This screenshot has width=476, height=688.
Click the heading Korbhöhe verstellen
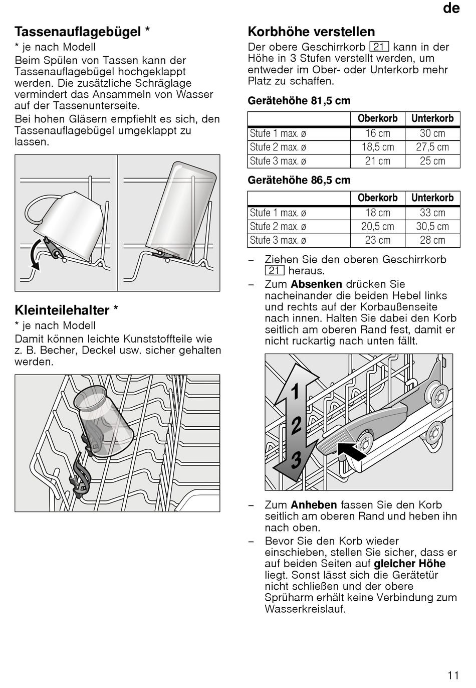pyautogui.click(x=311, y=32)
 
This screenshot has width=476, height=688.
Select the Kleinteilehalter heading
pyautogui.click(x=66, y=310)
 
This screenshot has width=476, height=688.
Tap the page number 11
pyautogui.click(x=453, y=675)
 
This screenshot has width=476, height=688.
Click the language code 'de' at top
pyautogui.click(x=451, y=9)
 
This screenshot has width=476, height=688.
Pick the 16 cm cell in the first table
pyautogui.click(x=377, y=133)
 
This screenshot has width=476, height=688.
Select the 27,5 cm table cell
pyautogui.click(x=432, y=147)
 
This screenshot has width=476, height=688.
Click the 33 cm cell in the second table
pyautogui.click(x=432, y=213)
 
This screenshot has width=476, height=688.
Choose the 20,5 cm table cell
pyautogui.click(x=377, y=227)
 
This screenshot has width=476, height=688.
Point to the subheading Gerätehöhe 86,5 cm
pyautogui.click(x=299, y=181)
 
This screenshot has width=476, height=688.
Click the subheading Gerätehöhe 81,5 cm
pyautogui.click(x=299, y=101)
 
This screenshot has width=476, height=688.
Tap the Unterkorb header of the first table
pyautogui.click(x=432, y=119)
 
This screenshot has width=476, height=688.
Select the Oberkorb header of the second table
pyautogui.click(x=377, y=198)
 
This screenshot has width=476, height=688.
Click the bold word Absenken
pyautogui.click(x=316, y=284)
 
